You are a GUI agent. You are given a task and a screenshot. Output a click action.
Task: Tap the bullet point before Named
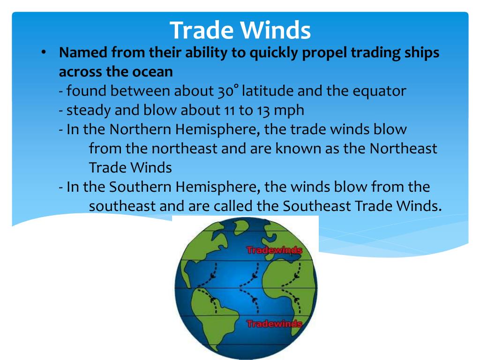pos(43,52)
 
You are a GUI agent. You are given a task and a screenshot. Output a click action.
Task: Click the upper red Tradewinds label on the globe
pos(274,250)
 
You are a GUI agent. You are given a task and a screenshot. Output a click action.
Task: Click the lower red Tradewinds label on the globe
pos(274,324)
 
